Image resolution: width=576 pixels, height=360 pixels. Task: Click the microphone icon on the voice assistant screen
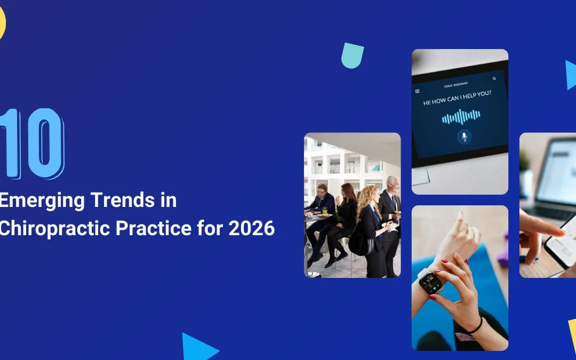[464, 137]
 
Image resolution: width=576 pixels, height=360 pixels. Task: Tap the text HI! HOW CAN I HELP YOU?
[457, 101]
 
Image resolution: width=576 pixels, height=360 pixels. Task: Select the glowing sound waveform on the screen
[461, 116]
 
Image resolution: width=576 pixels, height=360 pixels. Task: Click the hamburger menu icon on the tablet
[417, 91]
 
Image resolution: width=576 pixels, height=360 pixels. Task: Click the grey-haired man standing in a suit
[391, 213]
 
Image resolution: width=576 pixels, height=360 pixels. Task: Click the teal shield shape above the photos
[353, 55]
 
